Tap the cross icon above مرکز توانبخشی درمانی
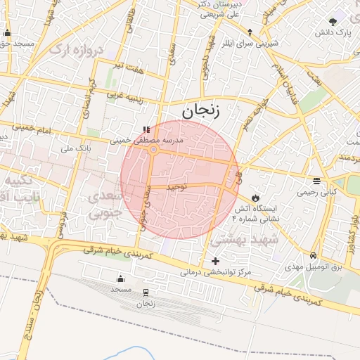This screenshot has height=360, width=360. coord(216,261)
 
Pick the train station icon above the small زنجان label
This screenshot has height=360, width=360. coord(146,292)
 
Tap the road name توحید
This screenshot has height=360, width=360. coord(176,188)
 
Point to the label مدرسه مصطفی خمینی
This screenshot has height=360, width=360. coord(148,141)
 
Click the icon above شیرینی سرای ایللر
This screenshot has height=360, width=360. coord(250,32)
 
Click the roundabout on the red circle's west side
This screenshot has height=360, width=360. coord(153,150)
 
